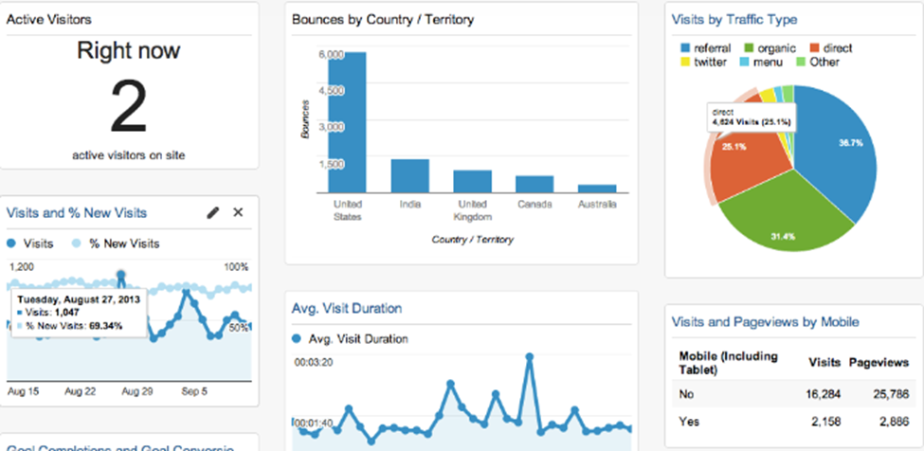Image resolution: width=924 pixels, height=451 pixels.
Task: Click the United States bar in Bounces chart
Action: [348, 122]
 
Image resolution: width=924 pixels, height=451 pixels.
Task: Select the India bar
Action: [410, 175]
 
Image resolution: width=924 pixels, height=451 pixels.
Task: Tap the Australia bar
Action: [597, 189]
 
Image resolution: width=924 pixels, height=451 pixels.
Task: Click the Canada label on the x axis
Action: [534, 204]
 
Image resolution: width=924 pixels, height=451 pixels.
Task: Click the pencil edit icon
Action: [213, 212]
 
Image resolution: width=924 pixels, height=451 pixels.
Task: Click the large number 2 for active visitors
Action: [128, 107]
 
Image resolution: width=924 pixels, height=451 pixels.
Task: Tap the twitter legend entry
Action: [707, 63]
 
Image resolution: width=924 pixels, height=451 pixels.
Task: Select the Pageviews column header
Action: [878, 362]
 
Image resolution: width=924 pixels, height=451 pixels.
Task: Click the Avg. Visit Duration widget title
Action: [346, 308]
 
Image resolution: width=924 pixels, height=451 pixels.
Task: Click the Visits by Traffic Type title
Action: [734, 19]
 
